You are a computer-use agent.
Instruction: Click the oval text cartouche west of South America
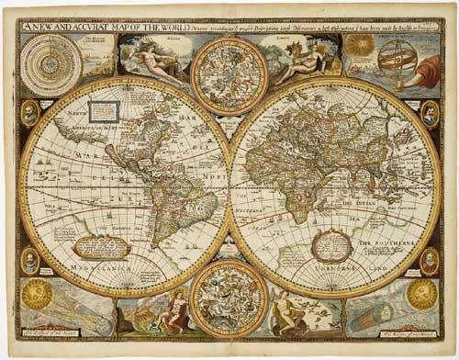point(100,246)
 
